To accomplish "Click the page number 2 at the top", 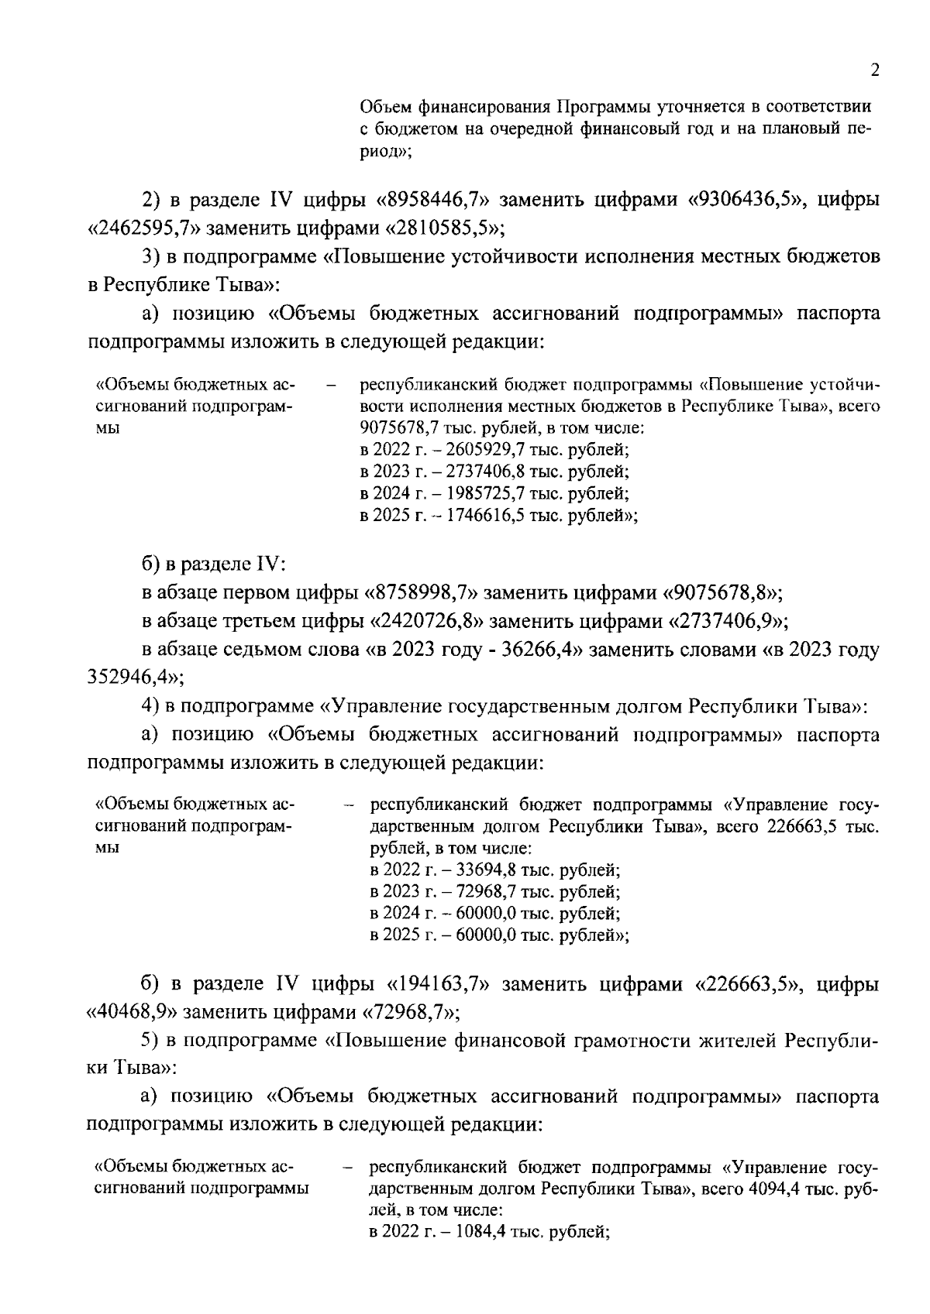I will click(x=875, y=70).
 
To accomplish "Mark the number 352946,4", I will click(x=129, y=678).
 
